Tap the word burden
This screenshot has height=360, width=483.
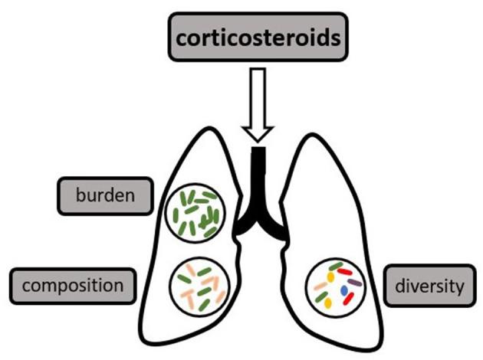click(104, 196)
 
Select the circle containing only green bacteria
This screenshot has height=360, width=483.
click(195, 212)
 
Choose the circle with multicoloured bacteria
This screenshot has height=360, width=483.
click(334, 285)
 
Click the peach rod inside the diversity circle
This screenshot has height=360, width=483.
click(320, 286)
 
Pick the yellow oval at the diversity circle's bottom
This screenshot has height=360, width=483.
click(328, 303)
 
